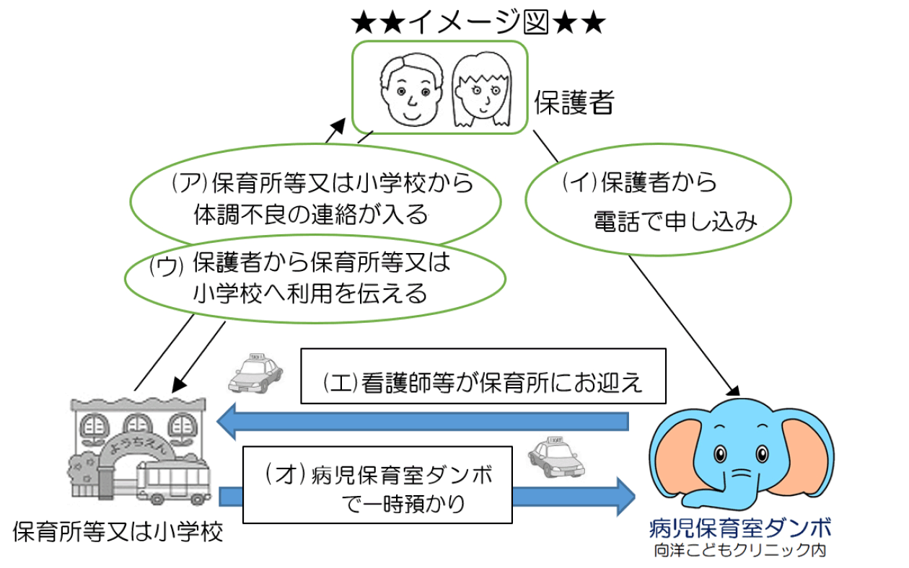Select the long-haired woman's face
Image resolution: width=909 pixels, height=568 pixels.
(x=480, y=90)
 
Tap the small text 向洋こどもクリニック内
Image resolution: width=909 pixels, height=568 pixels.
(x=739, y=551)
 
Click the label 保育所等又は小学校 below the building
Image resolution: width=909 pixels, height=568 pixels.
(x=119, y=532)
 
